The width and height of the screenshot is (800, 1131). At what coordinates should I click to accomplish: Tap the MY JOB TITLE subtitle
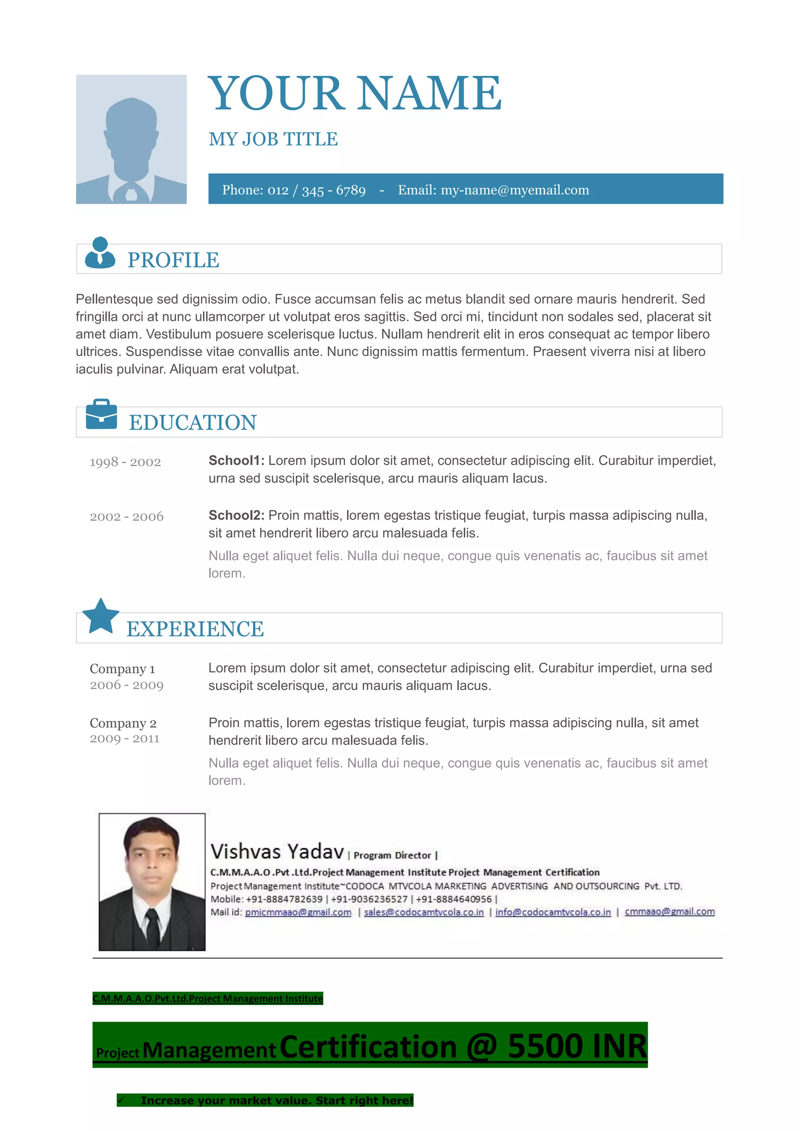tap(273, 139)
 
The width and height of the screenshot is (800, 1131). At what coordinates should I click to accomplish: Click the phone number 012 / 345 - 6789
tap(316, 190)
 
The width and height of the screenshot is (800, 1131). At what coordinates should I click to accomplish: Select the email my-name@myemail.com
tap(514, 190)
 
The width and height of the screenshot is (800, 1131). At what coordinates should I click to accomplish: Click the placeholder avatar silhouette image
tap(131, 140)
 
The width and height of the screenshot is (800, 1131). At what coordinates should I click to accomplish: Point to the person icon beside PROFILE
tap(100, 253)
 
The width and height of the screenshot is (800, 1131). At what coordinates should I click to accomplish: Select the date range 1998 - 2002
tap(125, 462)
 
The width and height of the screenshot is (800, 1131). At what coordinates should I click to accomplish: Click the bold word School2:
tap(236, 515)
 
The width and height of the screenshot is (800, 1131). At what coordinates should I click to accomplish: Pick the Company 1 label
tap(122, 669)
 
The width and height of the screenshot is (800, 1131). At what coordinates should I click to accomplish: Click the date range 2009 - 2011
tap(125, 738)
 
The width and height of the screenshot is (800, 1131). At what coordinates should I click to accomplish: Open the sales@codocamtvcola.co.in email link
tap(424, 912)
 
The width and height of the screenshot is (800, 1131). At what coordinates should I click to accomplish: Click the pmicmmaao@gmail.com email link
tap(298, 912)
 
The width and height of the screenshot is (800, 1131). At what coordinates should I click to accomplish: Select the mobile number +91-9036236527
tap(370, 899)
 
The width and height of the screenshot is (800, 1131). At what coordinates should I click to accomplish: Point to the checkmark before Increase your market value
tap(121, 1100)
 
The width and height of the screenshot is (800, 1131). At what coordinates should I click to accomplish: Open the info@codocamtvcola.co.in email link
tap(553, 912)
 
